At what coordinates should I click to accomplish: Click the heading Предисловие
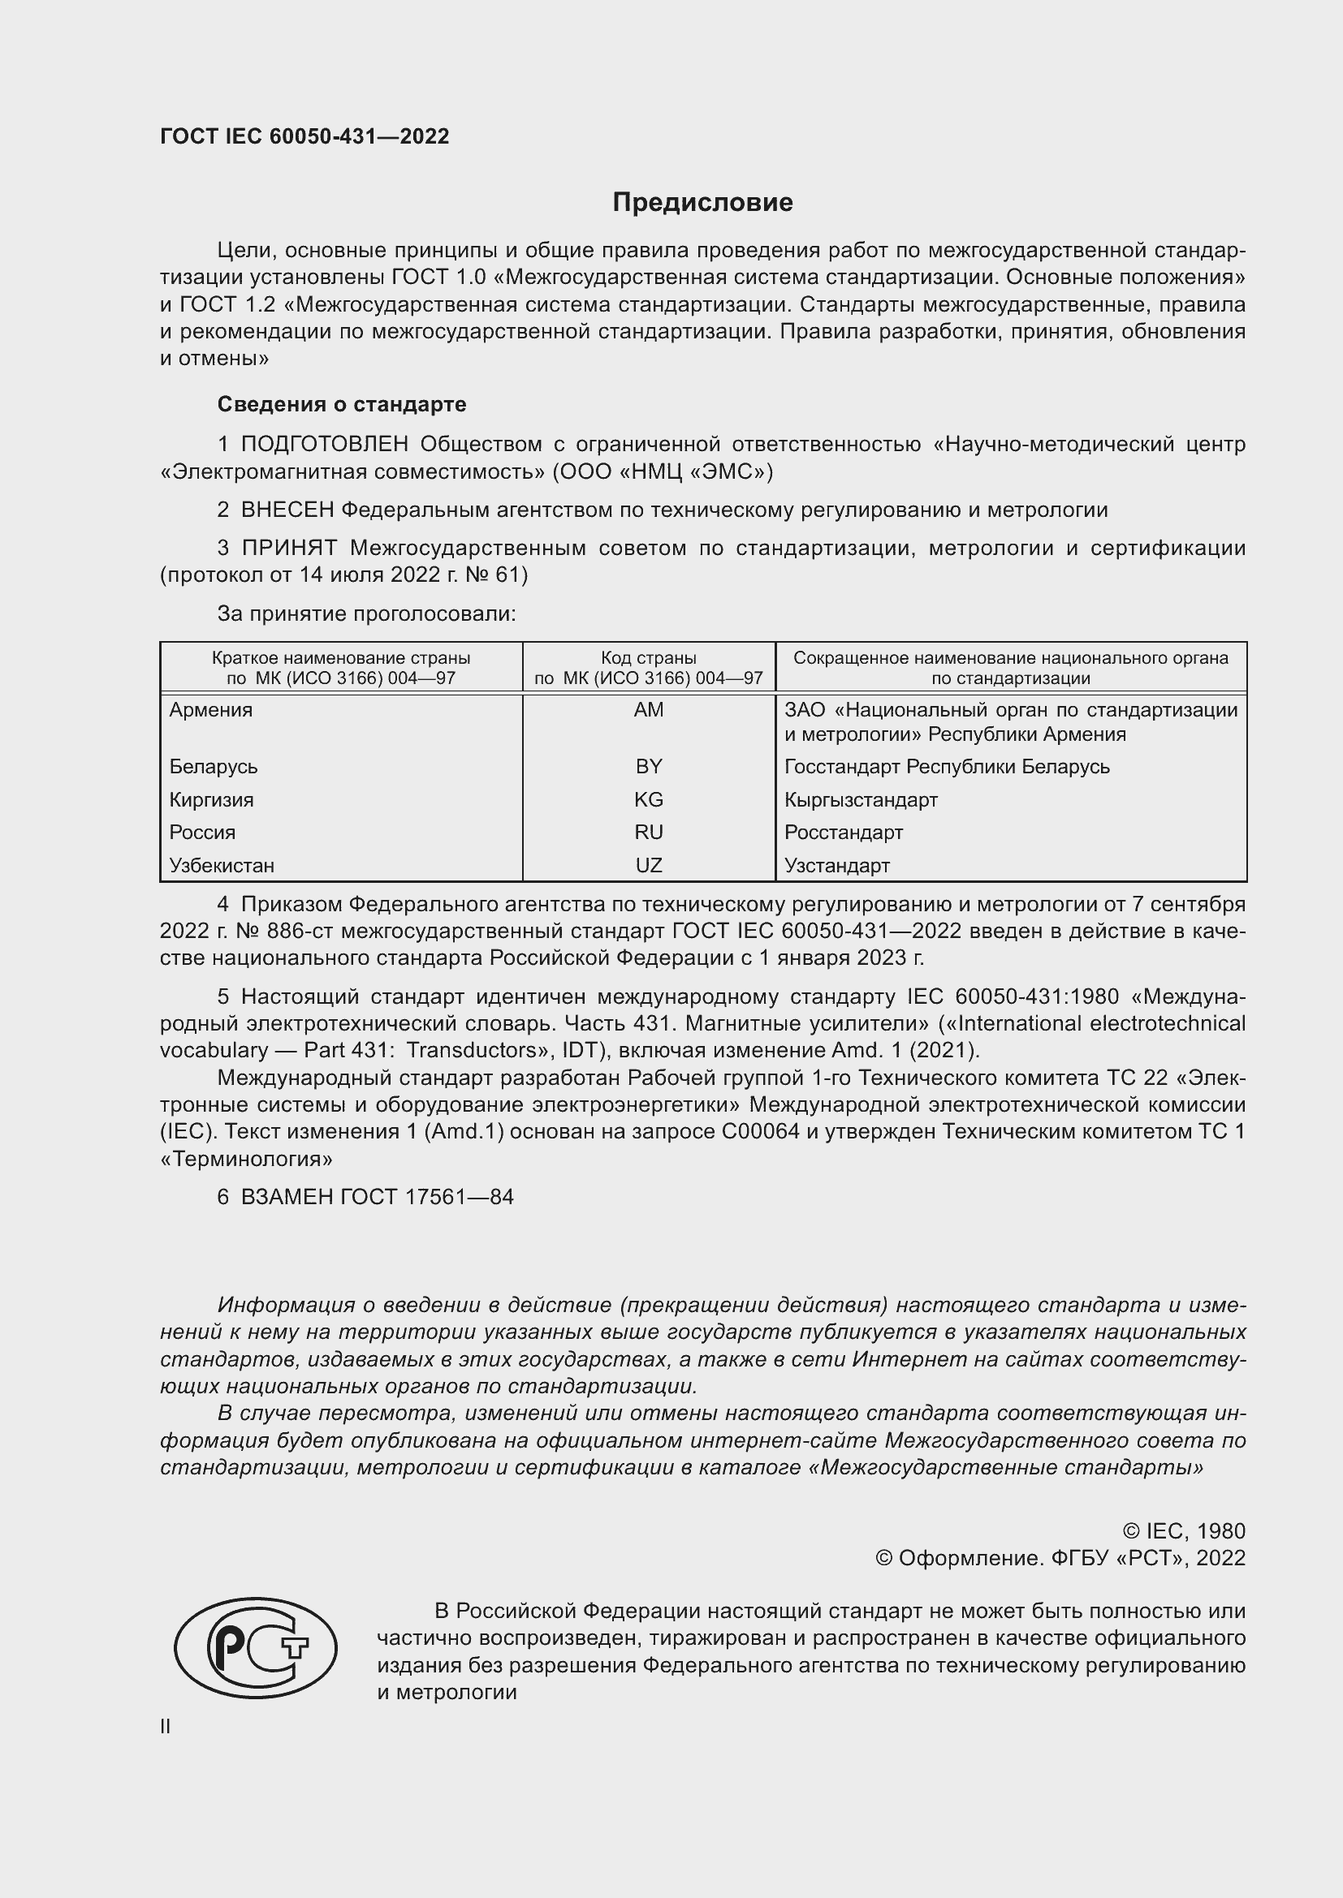[x=702, y=203]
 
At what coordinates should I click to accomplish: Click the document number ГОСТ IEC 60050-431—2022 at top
[x=304, y=137]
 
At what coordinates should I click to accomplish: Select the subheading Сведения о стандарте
[x=342, y=404]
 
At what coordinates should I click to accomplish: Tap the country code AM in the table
[x=648, y=710]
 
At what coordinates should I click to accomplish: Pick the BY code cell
[x=648, y=766]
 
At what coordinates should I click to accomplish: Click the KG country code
[x=648, y=799]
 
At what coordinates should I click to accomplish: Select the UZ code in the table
[x=648, y=866]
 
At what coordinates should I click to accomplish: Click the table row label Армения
[x=211, y=710]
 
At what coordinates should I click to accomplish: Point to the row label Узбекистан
[x=222, y=866]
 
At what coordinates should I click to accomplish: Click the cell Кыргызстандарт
[x=861, y=799]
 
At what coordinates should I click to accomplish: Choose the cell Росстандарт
[x=844, y=833]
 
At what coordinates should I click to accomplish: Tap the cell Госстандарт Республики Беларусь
[x=947, y=766]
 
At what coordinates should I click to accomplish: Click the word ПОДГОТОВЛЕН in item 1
[x=324, y=445]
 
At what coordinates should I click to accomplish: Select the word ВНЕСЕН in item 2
[x=287, y=510]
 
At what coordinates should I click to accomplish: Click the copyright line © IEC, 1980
[x=1183, y=1531]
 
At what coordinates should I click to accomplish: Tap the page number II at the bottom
[x=166, y=1726]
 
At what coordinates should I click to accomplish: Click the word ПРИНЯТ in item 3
[x=288, y=548]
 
